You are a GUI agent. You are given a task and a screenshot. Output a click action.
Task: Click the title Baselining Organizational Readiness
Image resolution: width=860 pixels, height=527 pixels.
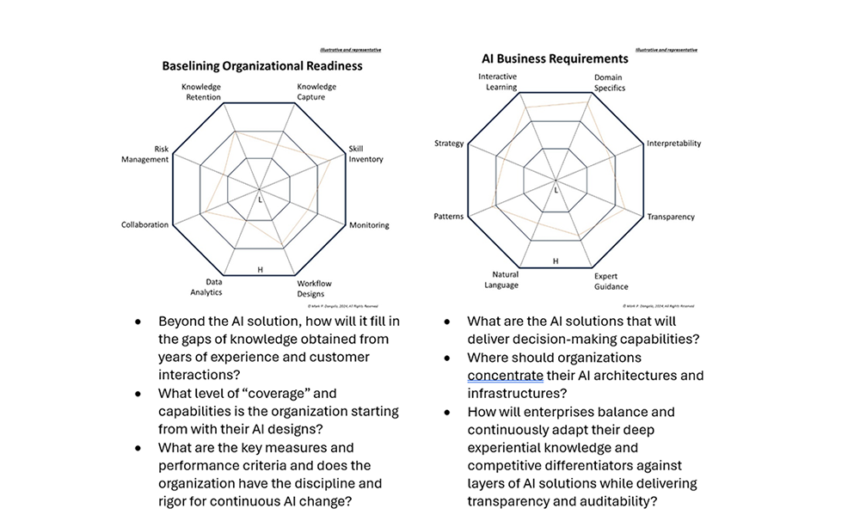click(x=262, y=65)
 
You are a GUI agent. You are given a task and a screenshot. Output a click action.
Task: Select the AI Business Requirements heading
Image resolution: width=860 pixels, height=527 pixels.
click(x=554, y=59)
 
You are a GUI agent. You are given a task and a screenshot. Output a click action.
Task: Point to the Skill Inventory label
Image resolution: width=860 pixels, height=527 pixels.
click(x=366, y=154)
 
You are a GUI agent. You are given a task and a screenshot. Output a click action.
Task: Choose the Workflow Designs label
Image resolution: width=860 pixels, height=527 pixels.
click(x=314, y=288)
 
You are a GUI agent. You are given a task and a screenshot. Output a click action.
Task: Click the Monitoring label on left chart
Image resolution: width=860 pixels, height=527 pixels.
click(x=369, y=225)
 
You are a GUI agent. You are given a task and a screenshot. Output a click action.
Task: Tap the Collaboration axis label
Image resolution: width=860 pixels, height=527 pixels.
click(x=144, y=225)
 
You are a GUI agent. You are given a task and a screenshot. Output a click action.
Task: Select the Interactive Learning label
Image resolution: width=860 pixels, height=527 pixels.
click(x=498, y=82)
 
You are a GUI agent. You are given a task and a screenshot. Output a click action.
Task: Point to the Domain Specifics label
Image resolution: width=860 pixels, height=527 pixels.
click(x=609, y=83)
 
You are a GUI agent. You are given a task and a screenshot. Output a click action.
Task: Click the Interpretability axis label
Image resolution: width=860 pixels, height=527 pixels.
click(x=673, y=144)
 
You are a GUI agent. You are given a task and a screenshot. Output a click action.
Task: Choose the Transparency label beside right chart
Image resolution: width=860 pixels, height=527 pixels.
click(x=670, y=218)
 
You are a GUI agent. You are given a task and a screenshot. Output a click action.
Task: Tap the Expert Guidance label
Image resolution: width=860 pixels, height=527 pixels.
click(x=611, y=281)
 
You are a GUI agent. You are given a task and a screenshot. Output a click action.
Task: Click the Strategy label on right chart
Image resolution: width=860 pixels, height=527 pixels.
click(x=449, y=144)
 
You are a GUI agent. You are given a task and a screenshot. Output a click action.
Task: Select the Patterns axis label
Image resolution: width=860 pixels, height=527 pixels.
click(x=448, y=217)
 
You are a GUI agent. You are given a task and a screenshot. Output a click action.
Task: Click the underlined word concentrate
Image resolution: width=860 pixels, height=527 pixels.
click(x=505, y=375)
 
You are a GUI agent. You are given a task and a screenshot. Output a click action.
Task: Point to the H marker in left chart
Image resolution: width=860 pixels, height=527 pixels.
click(x=260, y=270)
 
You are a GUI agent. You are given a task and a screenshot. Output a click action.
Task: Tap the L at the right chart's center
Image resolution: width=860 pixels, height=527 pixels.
click(x=556, y=190)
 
